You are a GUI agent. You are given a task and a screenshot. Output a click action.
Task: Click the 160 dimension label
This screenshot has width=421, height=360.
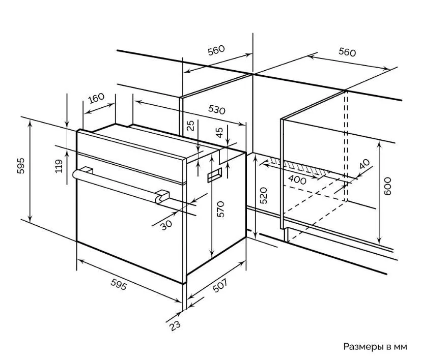tap(96, 98)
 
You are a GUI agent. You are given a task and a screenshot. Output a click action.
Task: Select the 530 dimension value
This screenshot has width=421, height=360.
tap(217, 110)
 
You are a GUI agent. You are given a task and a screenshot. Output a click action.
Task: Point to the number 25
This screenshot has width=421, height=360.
tap(190, 126)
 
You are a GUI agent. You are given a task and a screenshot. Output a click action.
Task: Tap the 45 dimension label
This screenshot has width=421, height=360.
tap(219, 133)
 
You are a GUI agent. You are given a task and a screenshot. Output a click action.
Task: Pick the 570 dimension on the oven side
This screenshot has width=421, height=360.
tap(220, 209)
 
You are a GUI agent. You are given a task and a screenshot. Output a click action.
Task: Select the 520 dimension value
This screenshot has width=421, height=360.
tap(264, 196)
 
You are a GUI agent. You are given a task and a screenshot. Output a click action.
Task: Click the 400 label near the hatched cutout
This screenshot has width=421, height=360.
tap(297, 179)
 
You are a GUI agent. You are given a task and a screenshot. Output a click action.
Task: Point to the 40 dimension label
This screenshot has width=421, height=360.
tap(364, 164)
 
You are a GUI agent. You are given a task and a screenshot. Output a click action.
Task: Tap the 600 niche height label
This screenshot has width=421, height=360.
tap(387, 187)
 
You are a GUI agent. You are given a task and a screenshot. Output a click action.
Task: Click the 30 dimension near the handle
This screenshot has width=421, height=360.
tap(166, 225)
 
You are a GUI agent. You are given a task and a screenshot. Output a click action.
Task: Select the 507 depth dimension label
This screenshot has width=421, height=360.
tap(220, 285)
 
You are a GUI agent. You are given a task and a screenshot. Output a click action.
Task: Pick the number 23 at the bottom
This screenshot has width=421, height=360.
tap(175, 326)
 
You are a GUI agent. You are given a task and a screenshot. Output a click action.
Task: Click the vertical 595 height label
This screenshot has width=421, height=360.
tap(21, 166)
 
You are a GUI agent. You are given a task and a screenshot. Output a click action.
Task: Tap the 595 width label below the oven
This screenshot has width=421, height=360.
tap(119, 285)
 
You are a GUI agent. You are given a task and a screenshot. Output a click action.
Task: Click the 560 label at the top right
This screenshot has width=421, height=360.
tap(347, 52)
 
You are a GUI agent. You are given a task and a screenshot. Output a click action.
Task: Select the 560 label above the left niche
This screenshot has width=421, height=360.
tap(216, 50)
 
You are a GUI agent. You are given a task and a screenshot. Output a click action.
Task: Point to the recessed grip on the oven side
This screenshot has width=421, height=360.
tap(214, 175)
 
